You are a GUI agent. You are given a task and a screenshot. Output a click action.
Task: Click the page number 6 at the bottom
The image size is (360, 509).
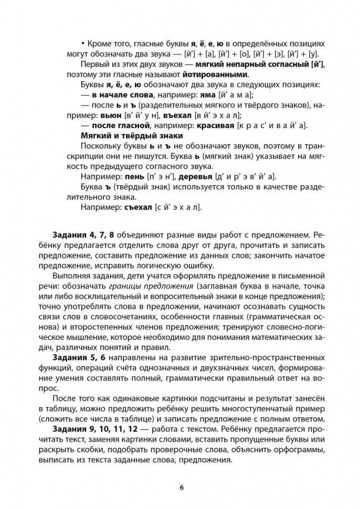(x=181, y=486)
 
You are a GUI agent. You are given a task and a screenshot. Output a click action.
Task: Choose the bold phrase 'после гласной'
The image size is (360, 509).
(x=123, y=127)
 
